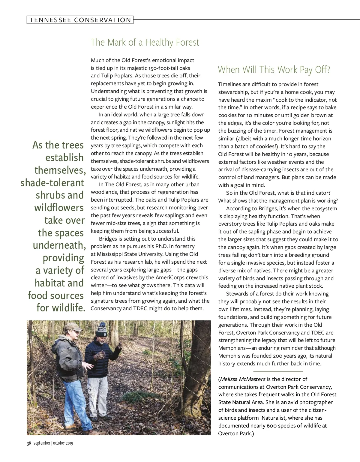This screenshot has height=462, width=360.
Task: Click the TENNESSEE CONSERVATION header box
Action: (80, 20)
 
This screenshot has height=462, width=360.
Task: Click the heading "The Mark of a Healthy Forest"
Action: (145, 42)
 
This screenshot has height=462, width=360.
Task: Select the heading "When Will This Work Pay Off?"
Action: (274, 70)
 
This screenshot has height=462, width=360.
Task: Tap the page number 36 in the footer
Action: (29, 443)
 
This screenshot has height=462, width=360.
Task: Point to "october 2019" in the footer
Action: (63, 443)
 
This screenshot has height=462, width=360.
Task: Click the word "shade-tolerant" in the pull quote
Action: (52, 183)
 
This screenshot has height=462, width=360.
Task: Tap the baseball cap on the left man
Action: (73, 327)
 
